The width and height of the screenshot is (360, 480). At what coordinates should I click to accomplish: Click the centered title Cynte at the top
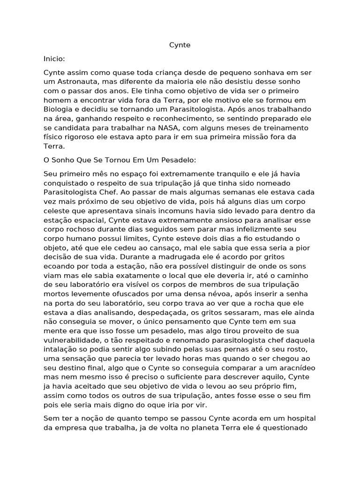180,45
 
